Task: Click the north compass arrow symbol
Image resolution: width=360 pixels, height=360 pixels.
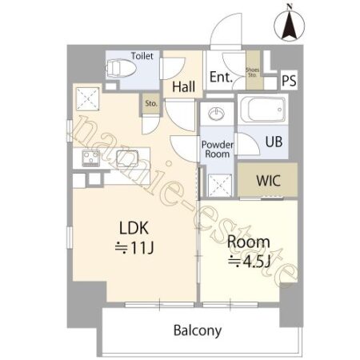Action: (289, 24)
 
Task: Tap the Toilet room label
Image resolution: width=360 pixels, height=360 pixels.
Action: (142, 56)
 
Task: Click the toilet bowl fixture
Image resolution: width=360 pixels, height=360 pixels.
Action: (121, 68)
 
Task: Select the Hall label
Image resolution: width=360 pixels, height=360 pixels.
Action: (183, 86)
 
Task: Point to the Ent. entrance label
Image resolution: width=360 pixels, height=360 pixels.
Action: (221, 77)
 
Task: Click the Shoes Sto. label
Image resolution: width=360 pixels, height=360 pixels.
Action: (252, 72)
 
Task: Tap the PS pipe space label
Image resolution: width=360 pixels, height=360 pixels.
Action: (289, 80)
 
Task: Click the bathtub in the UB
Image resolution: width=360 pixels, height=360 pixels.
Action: (262, 110)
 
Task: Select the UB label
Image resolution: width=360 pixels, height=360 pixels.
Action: (274, 142)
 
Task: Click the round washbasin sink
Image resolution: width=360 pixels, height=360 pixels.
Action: (217, 114)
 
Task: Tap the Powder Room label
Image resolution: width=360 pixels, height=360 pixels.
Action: (218, 149)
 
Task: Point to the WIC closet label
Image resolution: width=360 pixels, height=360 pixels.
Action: (268, 181)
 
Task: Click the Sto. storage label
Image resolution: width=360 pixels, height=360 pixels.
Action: (151, 103)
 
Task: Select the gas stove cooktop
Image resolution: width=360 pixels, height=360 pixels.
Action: (91, 158)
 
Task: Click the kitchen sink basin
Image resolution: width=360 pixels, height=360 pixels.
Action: (127, 158)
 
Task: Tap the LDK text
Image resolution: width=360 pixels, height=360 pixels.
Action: (134, 228)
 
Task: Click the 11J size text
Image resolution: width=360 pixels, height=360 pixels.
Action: (134, 248)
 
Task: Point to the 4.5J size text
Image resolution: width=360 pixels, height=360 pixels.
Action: (249, 262)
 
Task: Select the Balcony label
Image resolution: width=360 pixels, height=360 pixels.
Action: (198, 330)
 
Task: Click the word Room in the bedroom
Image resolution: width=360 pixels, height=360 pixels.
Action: (249, 242)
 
